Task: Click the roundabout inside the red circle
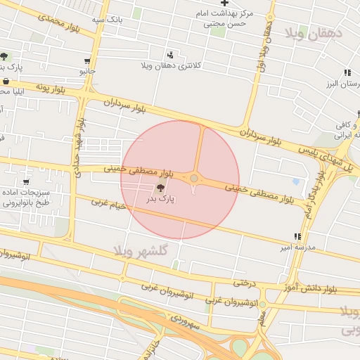click(193, 179)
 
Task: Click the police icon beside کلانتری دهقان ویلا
click(171, 54)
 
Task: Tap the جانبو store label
click(87, 72)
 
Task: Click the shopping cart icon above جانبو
click(86, 62)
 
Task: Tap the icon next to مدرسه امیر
click(297, 237)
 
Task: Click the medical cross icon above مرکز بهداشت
click(224, 3)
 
